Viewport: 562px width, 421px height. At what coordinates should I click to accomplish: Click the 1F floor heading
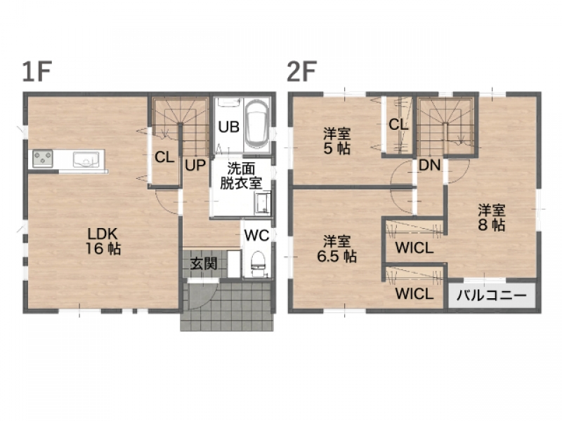coord(37,72)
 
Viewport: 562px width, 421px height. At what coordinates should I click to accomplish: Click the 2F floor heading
coord(301,72)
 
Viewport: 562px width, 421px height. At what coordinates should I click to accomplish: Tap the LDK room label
coord(103,234)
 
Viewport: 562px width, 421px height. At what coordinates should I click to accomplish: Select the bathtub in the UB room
coord(257,124)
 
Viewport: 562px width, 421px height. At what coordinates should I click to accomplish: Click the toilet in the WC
coord(257,265)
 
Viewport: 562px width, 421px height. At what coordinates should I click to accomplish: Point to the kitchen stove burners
coord(43,159)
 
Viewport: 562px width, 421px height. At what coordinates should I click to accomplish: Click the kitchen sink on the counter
coord(86,160)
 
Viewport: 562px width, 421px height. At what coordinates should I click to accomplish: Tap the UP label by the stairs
coord(195,166)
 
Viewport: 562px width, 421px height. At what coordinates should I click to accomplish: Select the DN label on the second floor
coord(429,165)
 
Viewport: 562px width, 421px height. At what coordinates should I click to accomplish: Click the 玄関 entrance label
coord(204,265)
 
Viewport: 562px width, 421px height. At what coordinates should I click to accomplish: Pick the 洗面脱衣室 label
coord(241,176)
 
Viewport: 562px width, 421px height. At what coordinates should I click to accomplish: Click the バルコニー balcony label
coord(491,295)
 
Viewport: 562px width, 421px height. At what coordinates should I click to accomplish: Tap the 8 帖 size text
coord(492,225)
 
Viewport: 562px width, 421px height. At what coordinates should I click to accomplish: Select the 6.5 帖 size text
coord(336,256)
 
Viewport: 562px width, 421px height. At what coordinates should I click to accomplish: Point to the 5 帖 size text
coord(336,148)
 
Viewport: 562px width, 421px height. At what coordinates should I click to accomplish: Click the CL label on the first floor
coord(164,156)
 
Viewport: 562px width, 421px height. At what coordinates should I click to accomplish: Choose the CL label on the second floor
coord(398,125)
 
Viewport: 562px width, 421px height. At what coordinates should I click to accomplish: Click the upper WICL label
coord(414,248)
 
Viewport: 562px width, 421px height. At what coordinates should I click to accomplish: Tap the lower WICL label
coord(414,294)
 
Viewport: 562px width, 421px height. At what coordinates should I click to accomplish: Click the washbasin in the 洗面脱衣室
coord(262,203)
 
